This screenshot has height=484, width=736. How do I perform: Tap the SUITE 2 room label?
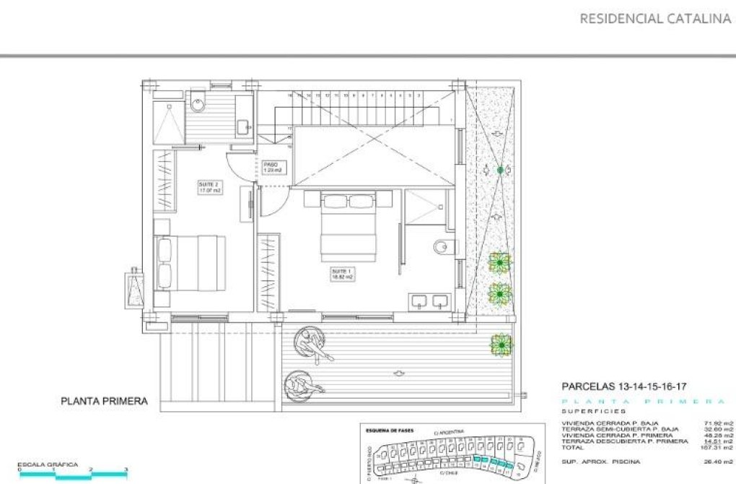(x=209, y=188)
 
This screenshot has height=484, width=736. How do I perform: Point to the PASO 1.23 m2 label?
(x=272, y=167)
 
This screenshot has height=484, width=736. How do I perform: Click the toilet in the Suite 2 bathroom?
(x=198, y=105)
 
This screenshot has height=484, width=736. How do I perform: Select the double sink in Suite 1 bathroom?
(x=429, y=301)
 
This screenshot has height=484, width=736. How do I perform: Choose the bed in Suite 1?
(x=349, y=228)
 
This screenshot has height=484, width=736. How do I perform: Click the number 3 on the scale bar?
(x=126, y=470)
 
